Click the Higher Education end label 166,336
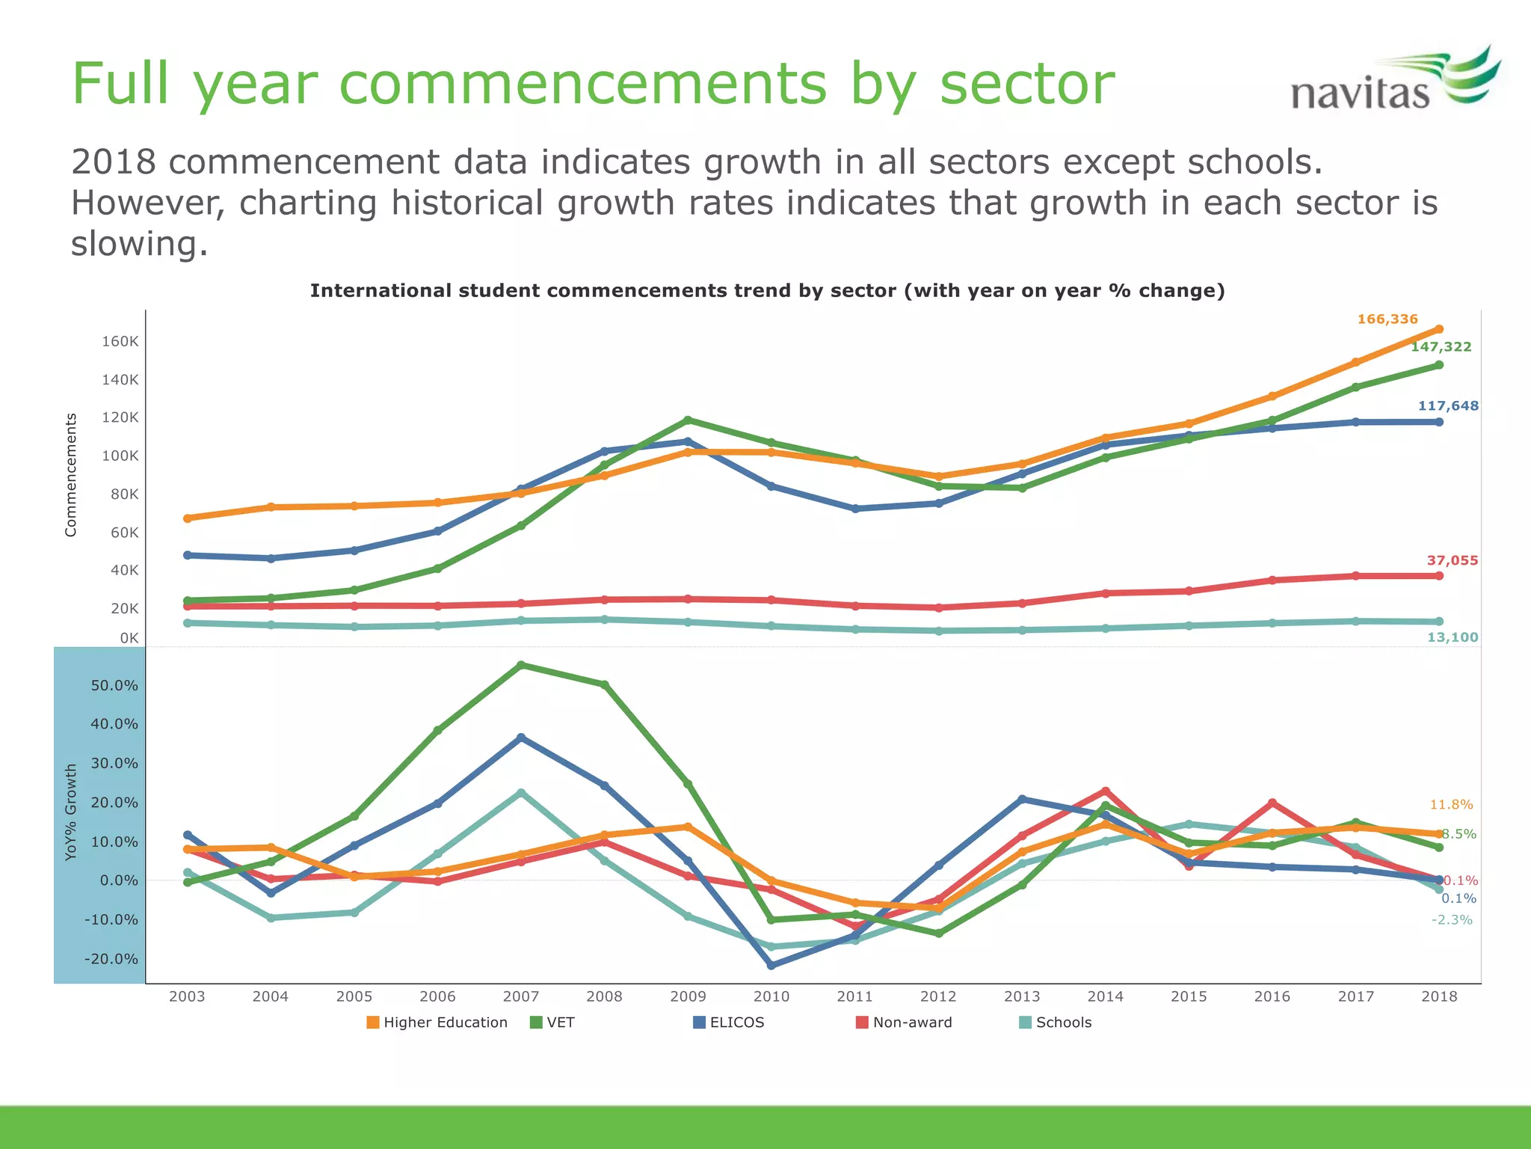click(x=1387, y=319)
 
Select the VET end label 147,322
click(x=1441, y=347)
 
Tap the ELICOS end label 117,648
click(x=1448, y=406)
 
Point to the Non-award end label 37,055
click(x=1452, y=561)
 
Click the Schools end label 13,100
click(x=1452, y=638)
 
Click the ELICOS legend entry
click(x=728, y=1023)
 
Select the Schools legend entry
click(x=1056, y=1023)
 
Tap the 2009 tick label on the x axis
click(x=688, y=996)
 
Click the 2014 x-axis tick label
click(x=1105, y=996)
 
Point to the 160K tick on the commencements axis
click(x=120, y=342)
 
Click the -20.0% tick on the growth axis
click(x=111, y=959)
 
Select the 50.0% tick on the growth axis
click(x=114, y=686)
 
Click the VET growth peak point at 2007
click(x=521, y=665)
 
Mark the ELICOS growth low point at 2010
click(x=771, y=966)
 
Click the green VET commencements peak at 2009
click(x=688, y=420)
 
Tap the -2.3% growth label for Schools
click(x=1451, y=920)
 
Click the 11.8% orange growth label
click(x=1450, y=805)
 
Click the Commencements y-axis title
click(x=71, y=475)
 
